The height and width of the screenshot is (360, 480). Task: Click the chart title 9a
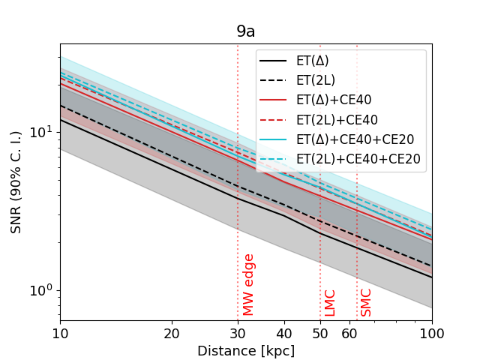[x=246, y=31]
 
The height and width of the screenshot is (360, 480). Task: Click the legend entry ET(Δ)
[x=312, y=61]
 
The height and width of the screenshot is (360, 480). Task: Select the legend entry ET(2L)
[x=315, y=80]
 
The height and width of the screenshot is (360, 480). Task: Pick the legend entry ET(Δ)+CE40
[x=333, y=100]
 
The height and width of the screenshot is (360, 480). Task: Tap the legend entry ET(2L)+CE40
[x=337, y=119]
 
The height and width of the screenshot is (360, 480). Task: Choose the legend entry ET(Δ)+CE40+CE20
[x=355, y=139]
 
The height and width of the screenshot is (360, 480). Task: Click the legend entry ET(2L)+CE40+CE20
[x=358, y=158]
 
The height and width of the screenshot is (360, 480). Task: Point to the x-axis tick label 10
[x=60, y=332]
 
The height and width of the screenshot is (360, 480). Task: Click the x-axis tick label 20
[x=172, y=332]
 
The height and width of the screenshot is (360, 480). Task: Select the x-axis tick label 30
[x=238, y=332]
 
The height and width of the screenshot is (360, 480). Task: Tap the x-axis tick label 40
[x=284, y=332]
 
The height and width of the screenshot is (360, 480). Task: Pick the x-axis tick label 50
[x=320, y=332]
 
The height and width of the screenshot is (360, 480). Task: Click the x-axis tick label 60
[x=349, y=332]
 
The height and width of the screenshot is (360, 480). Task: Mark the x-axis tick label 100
[x=431, y=332]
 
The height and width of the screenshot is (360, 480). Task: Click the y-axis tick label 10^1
[x=41, y=132]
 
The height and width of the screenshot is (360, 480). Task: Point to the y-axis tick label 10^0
[x=41, y=290]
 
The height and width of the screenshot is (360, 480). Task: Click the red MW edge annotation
[x=249, y=284]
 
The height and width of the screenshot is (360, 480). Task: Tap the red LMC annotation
[x=330, y=302]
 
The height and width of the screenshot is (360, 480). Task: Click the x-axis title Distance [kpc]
[x=246, y=350]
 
